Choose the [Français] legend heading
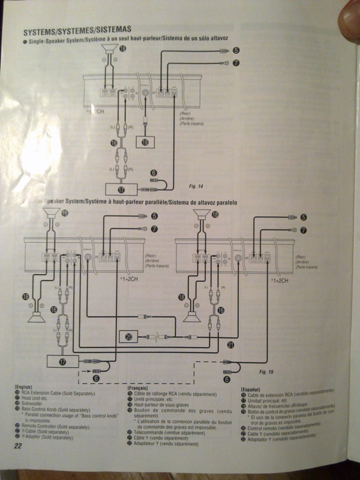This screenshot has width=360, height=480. click(x=138, y=388)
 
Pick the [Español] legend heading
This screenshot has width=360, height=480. click(x=251, y=389)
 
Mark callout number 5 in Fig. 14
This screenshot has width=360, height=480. click(x=236, y=52)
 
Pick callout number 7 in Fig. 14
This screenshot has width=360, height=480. click(x=236, y=62)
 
